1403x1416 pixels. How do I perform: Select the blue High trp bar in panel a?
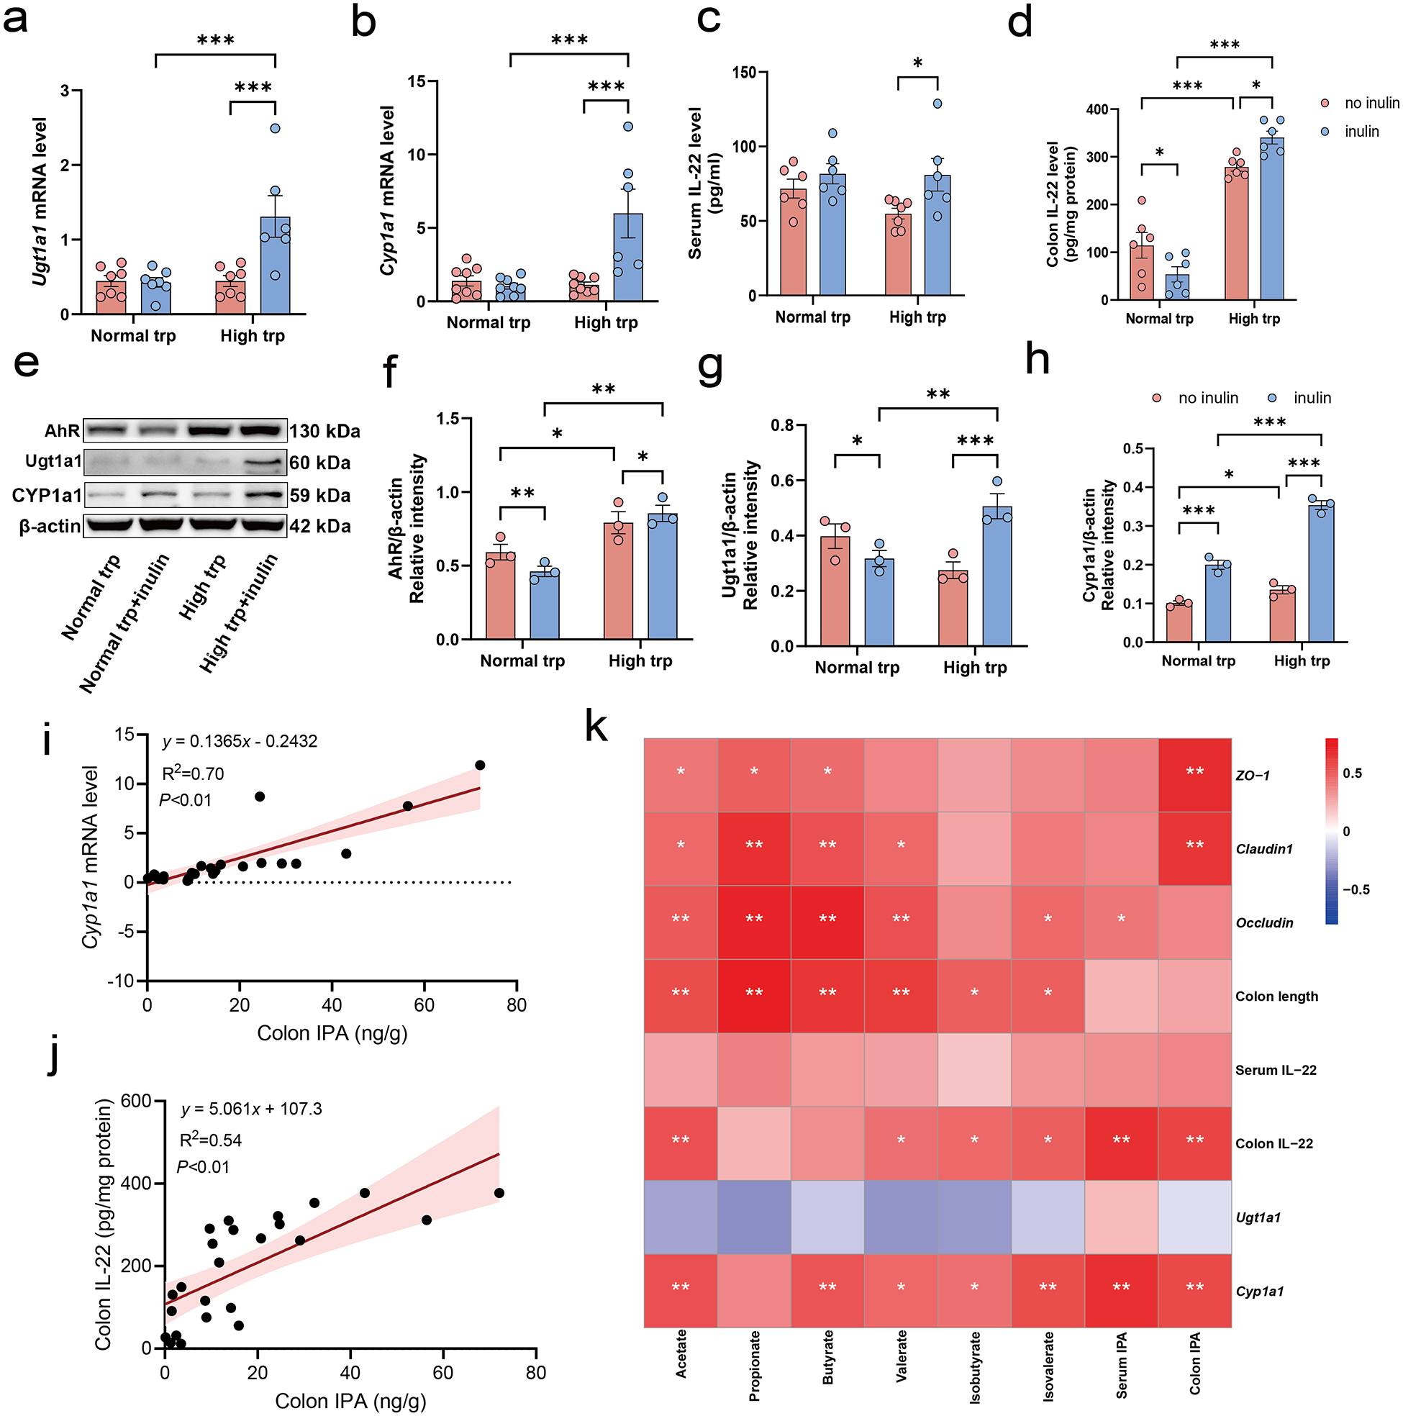[275, 265]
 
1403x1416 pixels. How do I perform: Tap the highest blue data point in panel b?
[628, 127]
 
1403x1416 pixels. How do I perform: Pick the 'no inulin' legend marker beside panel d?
[1325, 104]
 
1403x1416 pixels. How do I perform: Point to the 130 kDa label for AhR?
[324, 431]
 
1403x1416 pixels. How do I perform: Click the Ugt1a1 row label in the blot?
[53, 461]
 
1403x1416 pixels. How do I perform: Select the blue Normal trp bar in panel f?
[545, 605]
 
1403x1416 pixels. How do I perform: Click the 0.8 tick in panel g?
[783, 425]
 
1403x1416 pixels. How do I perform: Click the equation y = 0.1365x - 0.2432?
[240, 741]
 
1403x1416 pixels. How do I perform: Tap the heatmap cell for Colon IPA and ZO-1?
[1194, 775]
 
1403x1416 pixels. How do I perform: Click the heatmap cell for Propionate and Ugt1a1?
[753, 1217]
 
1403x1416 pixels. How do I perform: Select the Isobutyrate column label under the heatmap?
[975, 1368]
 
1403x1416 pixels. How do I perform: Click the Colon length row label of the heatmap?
[1276, 996]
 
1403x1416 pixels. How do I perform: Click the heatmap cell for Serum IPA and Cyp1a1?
[1121, 1291]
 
